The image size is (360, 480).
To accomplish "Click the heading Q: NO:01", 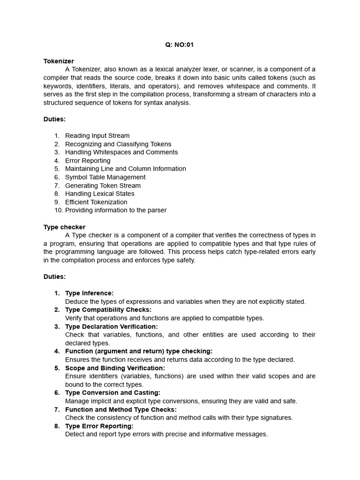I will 180,45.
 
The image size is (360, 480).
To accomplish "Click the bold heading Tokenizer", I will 59,61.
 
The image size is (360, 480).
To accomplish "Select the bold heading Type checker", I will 64,227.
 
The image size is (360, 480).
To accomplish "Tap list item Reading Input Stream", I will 97,135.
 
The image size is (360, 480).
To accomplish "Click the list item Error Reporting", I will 88,160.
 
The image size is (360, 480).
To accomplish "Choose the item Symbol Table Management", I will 105,177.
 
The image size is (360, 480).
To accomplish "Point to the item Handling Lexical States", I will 99,194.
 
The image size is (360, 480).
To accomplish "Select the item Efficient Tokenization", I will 96,202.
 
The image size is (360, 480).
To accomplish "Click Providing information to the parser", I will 115,210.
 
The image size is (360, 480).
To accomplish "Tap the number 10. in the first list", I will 58,210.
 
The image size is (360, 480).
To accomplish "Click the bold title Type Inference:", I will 89,293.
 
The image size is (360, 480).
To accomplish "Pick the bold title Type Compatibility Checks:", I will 108,310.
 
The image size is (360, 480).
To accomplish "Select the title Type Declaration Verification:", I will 112,326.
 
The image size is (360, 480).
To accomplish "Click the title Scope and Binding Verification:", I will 115,368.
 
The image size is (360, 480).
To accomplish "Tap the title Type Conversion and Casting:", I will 112,393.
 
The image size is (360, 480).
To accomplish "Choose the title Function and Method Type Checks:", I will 121,409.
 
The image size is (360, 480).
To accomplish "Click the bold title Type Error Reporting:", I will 99,426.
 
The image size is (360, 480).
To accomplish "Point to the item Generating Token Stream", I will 103,186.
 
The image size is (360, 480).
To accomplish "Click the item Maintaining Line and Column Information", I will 125,169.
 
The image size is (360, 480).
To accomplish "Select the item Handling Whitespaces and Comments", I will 121,152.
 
